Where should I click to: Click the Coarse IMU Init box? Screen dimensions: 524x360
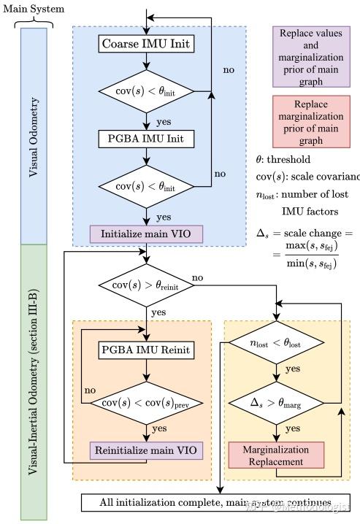point(146,45)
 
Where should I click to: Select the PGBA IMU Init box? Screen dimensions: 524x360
point(146,138)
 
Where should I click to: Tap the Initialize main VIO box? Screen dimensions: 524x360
point(146,234)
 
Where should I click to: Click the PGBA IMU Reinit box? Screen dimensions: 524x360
point(146,351)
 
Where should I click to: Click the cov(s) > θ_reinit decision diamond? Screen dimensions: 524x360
point(147,284)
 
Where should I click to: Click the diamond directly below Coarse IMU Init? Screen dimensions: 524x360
point(147,92)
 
